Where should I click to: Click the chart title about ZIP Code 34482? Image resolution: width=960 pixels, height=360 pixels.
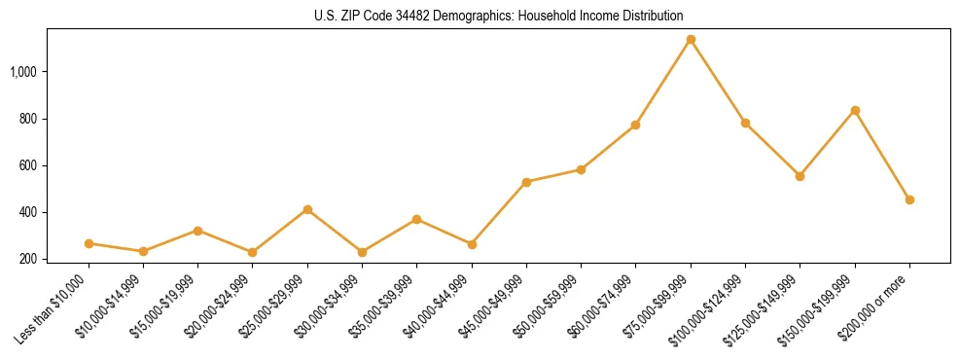pyautogui.click(x=499, y=16)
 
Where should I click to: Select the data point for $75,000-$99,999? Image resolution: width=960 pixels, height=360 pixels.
pyautogui.click(x=691, y=40)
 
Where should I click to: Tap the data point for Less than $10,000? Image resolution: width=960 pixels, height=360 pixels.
pyautogui.click(x=89, y=243)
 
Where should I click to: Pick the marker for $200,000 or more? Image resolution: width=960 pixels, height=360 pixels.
pyautogui.click(x=909, y=199)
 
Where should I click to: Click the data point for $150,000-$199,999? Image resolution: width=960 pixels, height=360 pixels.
pyautogui.click(x=855, y=110)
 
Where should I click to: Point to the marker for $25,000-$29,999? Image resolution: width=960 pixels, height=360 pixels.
pyautogui.click(x=307, y=209)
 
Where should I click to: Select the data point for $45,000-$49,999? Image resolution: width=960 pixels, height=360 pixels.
pyautogui.click(x=526, y=182)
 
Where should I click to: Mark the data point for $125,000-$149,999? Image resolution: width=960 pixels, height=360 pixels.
pyautogui.click(x=800, y=176)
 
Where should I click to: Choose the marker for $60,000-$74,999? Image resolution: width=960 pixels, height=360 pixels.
pyautogui.click(x=635, y=125)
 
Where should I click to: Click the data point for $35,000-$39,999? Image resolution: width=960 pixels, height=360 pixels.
pyautogui.click(x=416, y=219)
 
